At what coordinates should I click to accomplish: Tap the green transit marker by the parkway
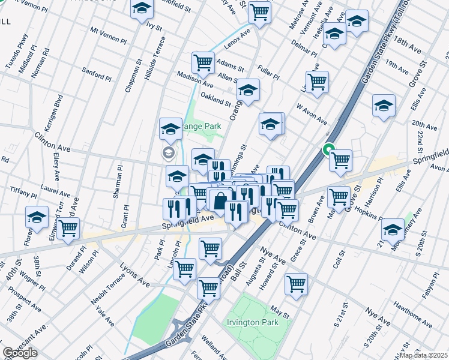(x=328, y=149)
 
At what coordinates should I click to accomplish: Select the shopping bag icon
(x=220, y=202)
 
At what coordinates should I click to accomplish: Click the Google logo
(x=20, y=353)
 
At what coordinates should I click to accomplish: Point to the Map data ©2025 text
(x=423, y=355)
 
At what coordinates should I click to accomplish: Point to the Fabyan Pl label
(x=432, y=284)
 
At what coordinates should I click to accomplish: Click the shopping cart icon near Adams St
(x=203, y=63)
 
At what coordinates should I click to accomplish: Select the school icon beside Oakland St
(x=247, y=91)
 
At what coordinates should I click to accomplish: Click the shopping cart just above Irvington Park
(x=296, y=284)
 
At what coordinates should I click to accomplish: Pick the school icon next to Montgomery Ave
(x=393, y=229)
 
